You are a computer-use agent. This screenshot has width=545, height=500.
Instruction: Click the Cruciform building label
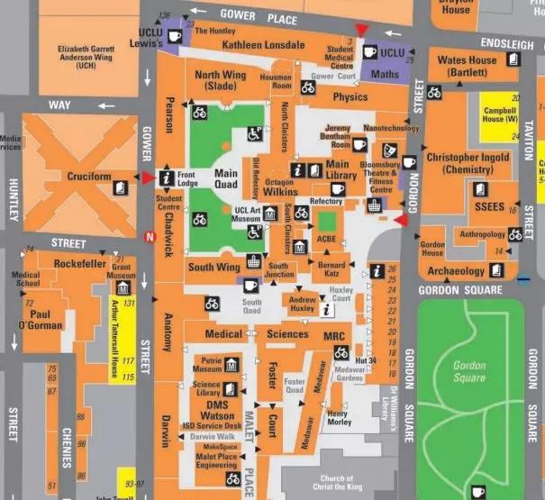click(x=87, y=177)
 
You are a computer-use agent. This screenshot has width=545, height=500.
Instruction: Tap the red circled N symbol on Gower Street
click(x=150, y=237)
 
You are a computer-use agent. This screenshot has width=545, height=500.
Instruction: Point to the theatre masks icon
click(x=390, y=150)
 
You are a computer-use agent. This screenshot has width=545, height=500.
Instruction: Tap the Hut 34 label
click(x=365, y=360)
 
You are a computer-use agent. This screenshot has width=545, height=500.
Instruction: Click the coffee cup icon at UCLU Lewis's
click(x=176, y=36)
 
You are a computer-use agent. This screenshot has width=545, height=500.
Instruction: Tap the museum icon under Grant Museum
click(x=122, y=287)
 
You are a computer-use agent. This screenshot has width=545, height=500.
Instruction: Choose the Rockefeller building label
click(x=80, y=263)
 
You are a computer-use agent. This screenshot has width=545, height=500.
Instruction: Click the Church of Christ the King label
click(x=336, y=482)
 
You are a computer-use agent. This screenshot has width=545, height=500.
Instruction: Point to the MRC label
click(x=334, y=334)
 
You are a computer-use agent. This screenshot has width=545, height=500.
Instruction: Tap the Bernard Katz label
click(x=332, y=269)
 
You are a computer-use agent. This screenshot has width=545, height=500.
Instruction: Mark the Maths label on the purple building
click(x=385, y=73)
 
